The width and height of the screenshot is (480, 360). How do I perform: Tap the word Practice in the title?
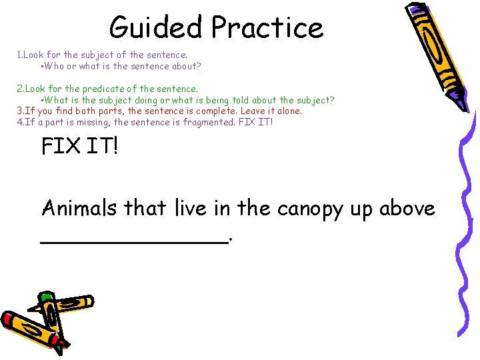pos(267,27)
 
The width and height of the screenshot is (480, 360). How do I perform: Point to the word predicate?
pos(121,89)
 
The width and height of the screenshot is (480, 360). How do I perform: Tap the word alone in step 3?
pos(288,111)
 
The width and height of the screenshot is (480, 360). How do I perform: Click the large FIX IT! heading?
pos(79,146)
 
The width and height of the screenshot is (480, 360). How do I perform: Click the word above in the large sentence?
pos(407,208)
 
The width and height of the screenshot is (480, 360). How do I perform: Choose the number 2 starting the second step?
pos(19,89)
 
